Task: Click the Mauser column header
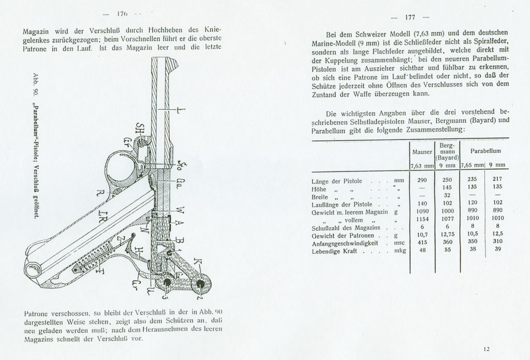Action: pos(422,152)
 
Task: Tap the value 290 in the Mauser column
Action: pos(422,179)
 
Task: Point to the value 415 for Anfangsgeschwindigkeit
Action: pos(422,243)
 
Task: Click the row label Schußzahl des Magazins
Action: pos(346,227)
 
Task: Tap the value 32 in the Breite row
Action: pos(447,195)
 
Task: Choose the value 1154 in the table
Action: pos(422,219)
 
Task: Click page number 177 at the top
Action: pos(410,17)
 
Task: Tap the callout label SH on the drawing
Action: pos(139,127)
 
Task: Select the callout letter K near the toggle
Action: pos(197,261)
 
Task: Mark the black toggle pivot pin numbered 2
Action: pos(199,284)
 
